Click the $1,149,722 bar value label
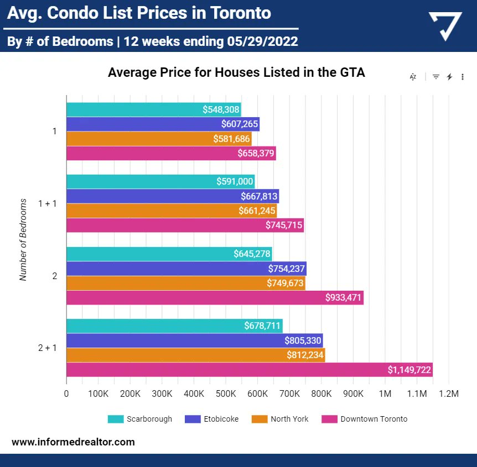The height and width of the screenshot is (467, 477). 409,370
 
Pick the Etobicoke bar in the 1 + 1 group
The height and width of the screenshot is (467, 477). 172,196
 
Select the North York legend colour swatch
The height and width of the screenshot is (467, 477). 259,419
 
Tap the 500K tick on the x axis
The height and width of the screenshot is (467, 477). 226,394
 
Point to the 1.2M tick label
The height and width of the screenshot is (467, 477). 448,394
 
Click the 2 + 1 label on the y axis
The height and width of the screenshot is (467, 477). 48,348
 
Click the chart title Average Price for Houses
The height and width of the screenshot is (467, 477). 236,72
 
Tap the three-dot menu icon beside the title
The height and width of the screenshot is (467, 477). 463,77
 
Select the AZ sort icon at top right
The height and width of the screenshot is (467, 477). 413,77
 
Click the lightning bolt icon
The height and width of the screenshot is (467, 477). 449,77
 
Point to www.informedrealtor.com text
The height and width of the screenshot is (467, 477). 73,442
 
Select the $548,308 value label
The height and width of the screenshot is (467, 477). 221,109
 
